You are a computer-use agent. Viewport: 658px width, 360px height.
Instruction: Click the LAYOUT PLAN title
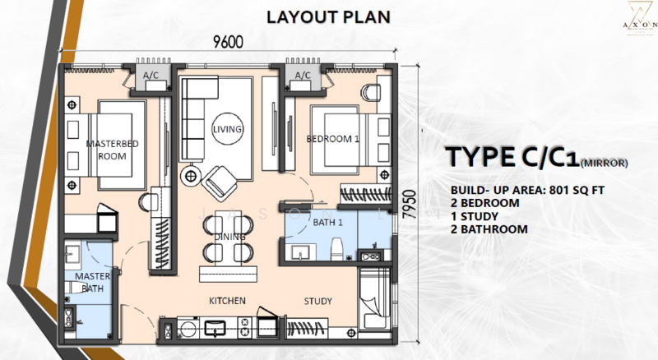point(328,16)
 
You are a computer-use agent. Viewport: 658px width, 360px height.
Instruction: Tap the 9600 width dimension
point(228,42)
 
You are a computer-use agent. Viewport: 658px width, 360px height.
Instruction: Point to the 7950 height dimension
point(409,205)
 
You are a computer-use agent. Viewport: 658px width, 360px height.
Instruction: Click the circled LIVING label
point(227,129)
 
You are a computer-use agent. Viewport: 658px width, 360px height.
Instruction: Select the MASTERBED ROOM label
point(112,150)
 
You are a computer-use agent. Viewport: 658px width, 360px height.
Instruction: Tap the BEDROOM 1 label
point(333,139)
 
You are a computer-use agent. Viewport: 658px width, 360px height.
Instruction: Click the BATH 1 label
point(327,223)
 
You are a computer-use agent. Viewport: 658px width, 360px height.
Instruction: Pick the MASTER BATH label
point(92,283)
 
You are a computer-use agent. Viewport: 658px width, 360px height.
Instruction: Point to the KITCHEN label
point(228,301)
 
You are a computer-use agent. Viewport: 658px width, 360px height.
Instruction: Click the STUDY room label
point(318,301)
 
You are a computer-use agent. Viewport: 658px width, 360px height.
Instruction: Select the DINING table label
point(229,237)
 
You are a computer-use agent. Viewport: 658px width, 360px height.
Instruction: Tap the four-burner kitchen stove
point(244,327)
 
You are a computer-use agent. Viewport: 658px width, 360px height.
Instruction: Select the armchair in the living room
point(220,184)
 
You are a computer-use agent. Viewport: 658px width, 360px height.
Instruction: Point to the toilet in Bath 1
point(337,249)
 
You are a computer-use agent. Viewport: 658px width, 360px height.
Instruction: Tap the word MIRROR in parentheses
point(604,164)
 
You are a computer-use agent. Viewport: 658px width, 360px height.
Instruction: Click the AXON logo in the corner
point(640,19)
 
